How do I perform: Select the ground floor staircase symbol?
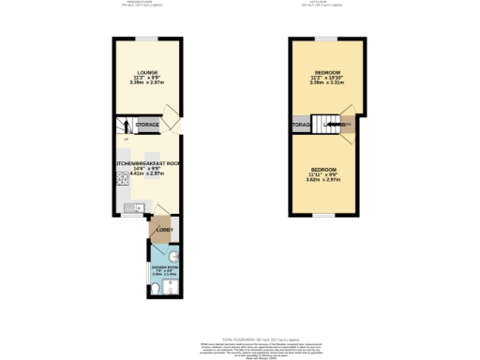point(120,125)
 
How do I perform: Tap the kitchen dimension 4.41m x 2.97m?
point(141,173)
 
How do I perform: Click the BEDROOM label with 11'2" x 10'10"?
point(328,71)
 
